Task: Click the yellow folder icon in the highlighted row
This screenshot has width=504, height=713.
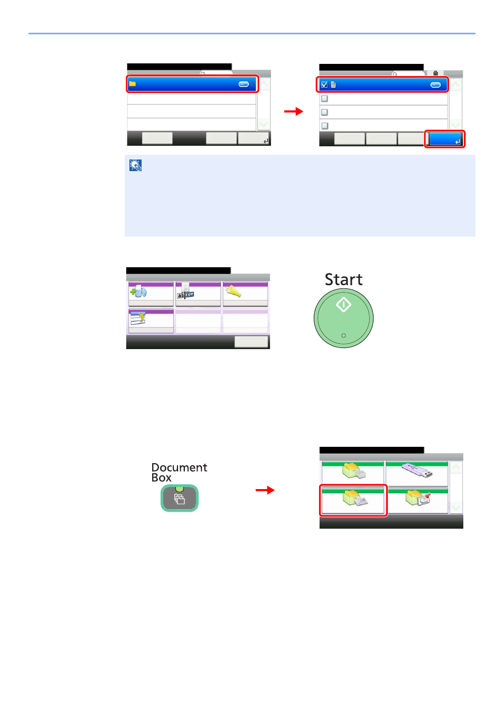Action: (x=133, y=84)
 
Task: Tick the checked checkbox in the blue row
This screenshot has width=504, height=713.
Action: (x=324, y=85)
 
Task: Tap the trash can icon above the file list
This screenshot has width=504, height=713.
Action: (x=435, y=74)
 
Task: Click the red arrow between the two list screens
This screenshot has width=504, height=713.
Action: (x=294, y=111)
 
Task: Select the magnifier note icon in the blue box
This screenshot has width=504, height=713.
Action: (x=136, y=165)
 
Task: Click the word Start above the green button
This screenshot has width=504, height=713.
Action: (x=343, y=279)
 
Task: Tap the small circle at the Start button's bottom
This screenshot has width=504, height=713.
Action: (x=343, y=335)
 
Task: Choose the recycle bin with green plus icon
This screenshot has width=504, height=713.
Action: (x=138, y=290)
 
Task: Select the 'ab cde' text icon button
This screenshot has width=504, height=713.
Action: (x=185, y=292)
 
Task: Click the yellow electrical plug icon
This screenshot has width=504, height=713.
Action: (x=233, y=290)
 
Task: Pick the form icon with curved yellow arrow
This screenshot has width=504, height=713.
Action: (x=138, y=318)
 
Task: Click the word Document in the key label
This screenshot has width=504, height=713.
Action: (x=179, y=467)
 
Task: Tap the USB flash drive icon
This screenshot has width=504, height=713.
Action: (x=417, y=470)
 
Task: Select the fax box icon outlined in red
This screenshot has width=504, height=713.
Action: (x=353, y=498)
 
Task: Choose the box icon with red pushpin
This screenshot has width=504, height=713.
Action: (x=418, y=498)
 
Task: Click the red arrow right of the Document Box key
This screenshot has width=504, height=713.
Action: (x=265, y=490)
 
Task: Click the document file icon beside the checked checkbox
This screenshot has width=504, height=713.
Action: (x=333, y=85)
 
